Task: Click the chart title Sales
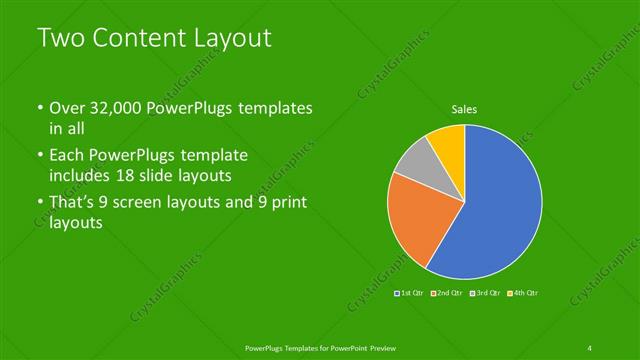pos(464,109)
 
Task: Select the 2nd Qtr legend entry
pos(450,293)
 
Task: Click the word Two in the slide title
pos(57,38)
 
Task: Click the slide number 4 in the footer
pos(590,347)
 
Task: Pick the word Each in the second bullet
pos(68,156)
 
